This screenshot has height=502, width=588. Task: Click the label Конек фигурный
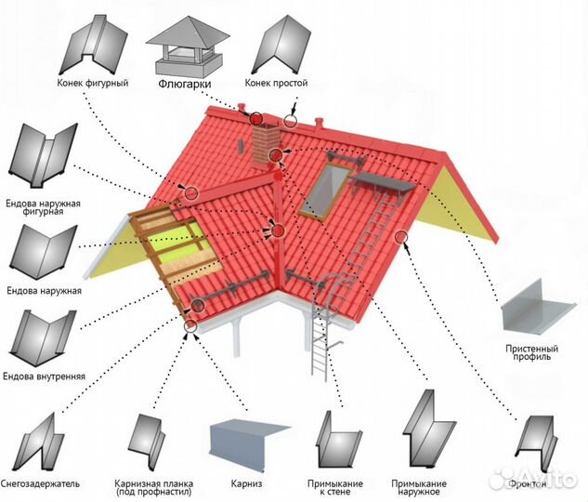(x=93, y=83)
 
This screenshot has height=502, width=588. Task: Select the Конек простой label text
(x=277, y=83)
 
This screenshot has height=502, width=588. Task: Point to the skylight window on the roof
(x=325, y=191)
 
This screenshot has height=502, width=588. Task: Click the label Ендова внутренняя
(x=44, y=376)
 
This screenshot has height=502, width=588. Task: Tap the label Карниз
(x=246, y=483)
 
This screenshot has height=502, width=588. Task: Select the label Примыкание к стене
(x=335, y=487)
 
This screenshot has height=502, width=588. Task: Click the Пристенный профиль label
(x=531, y=352)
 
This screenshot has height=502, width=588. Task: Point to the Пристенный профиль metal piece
(x=539, y=306)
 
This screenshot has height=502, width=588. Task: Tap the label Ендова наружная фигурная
(x=43, y=207)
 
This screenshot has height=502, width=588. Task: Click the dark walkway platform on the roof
(x=384, y=183)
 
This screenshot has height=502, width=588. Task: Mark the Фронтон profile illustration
(x=535, y=443)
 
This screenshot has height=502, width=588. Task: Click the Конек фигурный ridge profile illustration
(x=94, y=45)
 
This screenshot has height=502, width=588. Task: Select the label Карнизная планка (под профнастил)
(x=154, y=487)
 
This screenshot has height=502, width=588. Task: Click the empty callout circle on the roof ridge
(x=290, y=121)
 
